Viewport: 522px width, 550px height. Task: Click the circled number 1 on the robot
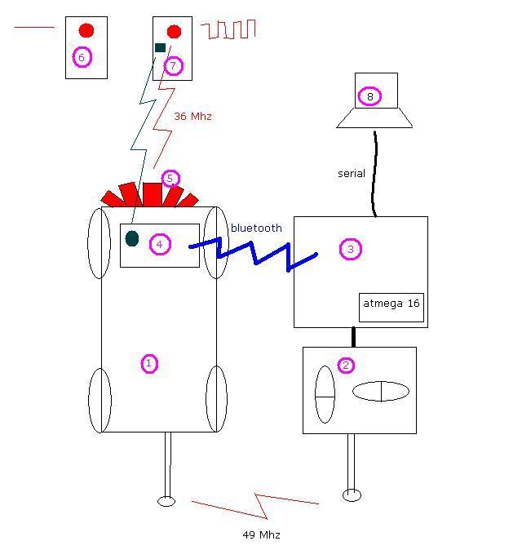[x=149, y=364]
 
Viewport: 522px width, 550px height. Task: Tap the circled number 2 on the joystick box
[x=346, y=365]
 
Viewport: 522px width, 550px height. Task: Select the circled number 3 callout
[x=350, y=250]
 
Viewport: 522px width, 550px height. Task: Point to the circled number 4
[x=160, y=244]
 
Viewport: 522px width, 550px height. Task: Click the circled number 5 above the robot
[x=170, y=179]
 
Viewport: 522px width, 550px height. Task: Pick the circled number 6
[x=82, y=57]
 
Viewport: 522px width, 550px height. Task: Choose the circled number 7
[x=173, y=65]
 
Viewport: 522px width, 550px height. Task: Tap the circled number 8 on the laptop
[x=369, y=96]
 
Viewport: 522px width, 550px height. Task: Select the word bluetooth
[x=256, y=228]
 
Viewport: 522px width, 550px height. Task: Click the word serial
[x=352, y=174]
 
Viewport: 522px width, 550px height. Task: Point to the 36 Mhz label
[x=192, y=117]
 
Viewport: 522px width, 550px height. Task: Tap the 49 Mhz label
[x=261, y=535]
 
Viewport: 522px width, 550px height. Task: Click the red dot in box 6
[x=86, y=30]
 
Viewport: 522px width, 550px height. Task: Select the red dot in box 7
[x=174, y=32]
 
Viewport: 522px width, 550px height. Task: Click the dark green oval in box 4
[x=132, y=238]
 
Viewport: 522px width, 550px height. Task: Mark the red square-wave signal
[x=229, y=30]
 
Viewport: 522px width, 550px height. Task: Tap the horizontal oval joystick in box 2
[x=381, y=392]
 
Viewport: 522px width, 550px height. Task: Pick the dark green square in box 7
[x=160, y=47]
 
